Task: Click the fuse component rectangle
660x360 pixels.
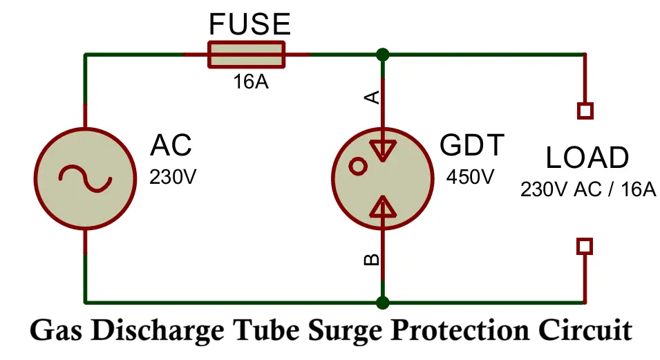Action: tap(246, 55)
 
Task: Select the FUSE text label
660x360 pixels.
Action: tap(249, 25)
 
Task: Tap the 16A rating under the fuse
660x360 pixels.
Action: tap(249, 83)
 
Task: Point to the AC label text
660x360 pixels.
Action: tap(171, 146)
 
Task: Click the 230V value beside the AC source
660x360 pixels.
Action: tap(173, 177)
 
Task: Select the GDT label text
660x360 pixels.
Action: tap(472, 146)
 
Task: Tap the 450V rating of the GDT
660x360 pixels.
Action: tap(470, 177)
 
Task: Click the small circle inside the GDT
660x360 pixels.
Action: tap(358, 166)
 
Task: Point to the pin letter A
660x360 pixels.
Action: tap(372, 97)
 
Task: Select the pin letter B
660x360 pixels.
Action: tap(372, 260)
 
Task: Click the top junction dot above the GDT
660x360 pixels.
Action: tap(381, 55)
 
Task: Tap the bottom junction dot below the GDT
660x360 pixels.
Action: tap(381, 302)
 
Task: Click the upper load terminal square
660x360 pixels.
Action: tap(585, 111)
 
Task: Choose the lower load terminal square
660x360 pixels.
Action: tap(585, 246)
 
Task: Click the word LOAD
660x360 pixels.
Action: tap(587, 159)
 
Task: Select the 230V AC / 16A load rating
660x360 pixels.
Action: tap(587, 189)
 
